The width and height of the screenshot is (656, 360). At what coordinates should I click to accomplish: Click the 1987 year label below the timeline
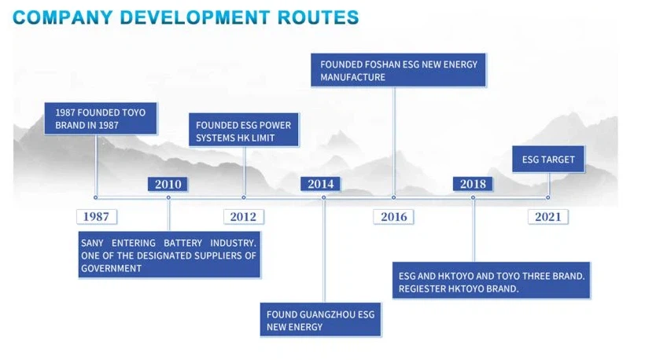(x=97, y=217)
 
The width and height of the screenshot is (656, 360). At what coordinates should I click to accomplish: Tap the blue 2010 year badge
(x=168, y=184)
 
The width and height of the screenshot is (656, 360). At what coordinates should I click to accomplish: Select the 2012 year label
(x=244, y=217)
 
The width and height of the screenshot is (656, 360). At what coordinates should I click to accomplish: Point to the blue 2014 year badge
(x=320, y=184)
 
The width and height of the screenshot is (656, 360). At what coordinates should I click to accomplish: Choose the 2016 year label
(x=394, y=217)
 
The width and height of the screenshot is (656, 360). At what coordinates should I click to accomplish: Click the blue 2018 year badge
(x=473, y=184)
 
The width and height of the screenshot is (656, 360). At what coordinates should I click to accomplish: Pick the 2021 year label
(x=548, y=217)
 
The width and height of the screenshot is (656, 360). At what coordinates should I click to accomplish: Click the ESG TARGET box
(x=548, y=159)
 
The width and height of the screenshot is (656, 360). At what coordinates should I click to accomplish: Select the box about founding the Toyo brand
(x=101, y=119)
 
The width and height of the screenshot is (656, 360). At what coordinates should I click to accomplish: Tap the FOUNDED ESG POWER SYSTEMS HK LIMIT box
(x=244, y=130)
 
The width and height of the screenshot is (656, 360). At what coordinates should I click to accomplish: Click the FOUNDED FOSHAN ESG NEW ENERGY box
(x=398, y=70)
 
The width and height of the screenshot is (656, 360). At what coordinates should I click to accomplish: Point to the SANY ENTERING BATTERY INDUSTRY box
(x=169, y=255)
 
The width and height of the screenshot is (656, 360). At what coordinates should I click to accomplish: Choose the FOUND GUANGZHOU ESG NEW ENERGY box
(x=320, y=319)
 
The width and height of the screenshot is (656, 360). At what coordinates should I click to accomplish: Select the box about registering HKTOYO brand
(x=491, y=280)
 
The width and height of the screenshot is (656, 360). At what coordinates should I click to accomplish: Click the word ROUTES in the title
(x=319, y=17)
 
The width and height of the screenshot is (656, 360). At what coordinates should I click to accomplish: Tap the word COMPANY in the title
(x=63, y=17)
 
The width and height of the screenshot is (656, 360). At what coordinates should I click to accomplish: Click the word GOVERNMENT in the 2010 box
(x=111, y=269)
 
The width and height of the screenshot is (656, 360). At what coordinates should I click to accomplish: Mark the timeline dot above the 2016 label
(x=394, y=197)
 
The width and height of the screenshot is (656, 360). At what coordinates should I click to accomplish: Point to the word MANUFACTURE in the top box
(x=352, y=77)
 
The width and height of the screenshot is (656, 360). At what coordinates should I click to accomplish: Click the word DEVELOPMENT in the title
(x=195, y=17)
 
